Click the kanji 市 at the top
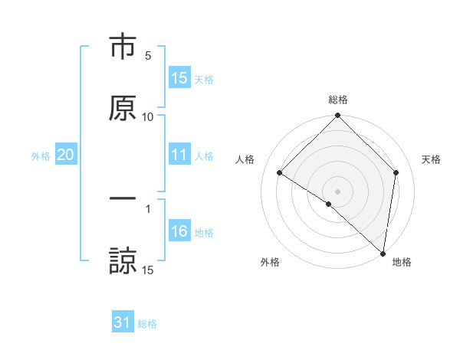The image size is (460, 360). [x=123, y=47]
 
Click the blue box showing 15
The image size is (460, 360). [x=179, y=78]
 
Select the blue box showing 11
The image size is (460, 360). [x=179, y=155]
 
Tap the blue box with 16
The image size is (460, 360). [x=179, y=231]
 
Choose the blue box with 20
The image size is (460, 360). [x=65, y=155]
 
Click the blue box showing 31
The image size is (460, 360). [x=123, y=323]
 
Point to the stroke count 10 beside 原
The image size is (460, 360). [x=148, y=116]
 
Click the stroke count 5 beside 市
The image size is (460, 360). [x=148, y=56]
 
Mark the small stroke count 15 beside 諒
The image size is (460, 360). [x=148, y=269]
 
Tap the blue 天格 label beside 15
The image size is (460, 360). [x=204, y=80]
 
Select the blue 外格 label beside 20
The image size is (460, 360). [x=41, y=156]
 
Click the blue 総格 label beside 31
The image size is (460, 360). [x=147, y=325]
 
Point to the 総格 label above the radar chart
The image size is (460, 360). [x=338, y=100]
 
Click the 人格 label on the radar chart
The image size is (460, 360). [x=245, y=159]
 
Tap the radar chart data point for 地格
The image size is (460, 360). [x=383, y=253]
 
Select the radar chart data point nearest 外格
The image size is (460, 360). [x=329, y=204]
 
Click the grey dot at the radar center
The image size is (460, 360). [x=338, y=191]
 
